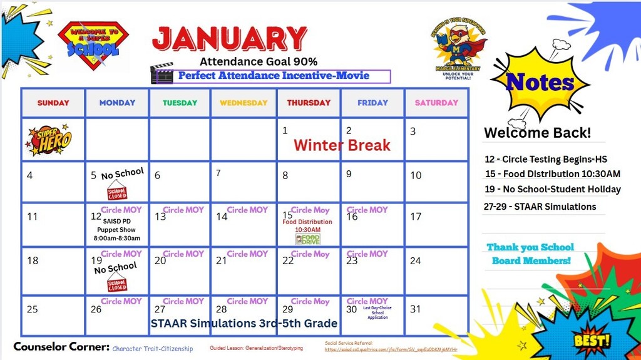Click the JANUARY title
click(230, 39)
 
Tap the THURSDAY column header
click(308, 103)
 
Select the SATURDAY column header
click(436, 103)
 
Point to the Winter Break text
click(342, 145)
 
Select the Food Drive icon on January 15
click(307, 239)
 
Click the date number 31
click(415, 309)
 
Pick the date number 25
click(33, 309)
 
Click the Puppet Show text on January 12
click(117, 230)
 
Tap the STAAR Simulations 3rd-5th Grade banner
click(244, 324)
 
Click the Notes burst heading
click(540, 82)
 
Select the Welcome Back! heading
click(536, 133)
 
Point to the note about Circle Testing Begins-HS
click(545, 160)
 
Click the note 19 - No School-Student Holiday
click(552, 189)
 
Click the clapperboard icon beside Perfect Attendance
click(162, 73)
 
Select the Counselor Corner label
click(61, 347)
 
